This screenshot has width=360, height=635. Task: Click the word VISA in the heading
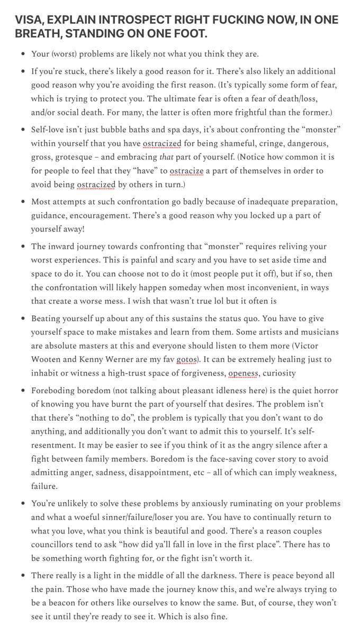coord(28,20)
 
